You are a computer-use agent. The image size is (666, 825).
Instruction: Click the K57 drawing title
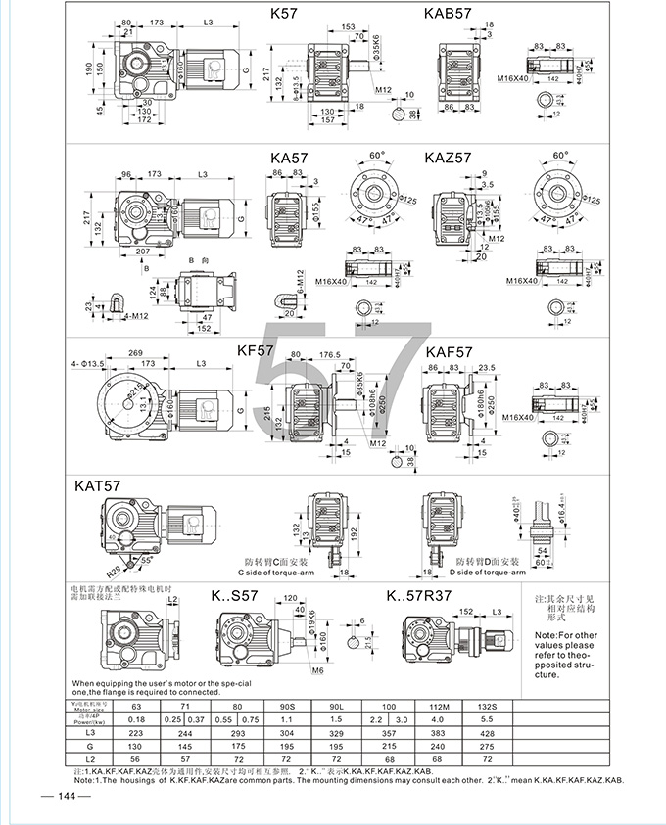[286, 14]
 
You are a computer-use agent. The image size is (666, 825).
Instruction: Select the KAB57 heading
[450, 14]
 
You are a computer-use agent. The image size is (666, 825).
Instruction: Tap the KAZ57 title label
[449, 157]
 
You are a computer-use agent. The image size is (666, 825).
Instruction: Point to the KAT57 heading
[98, 484]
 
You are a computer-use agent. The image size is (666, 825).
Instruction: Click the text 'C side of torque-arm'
[280, 572]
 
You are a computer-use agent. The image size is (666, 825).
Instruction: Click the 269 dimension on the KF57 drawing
[136, 353]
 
